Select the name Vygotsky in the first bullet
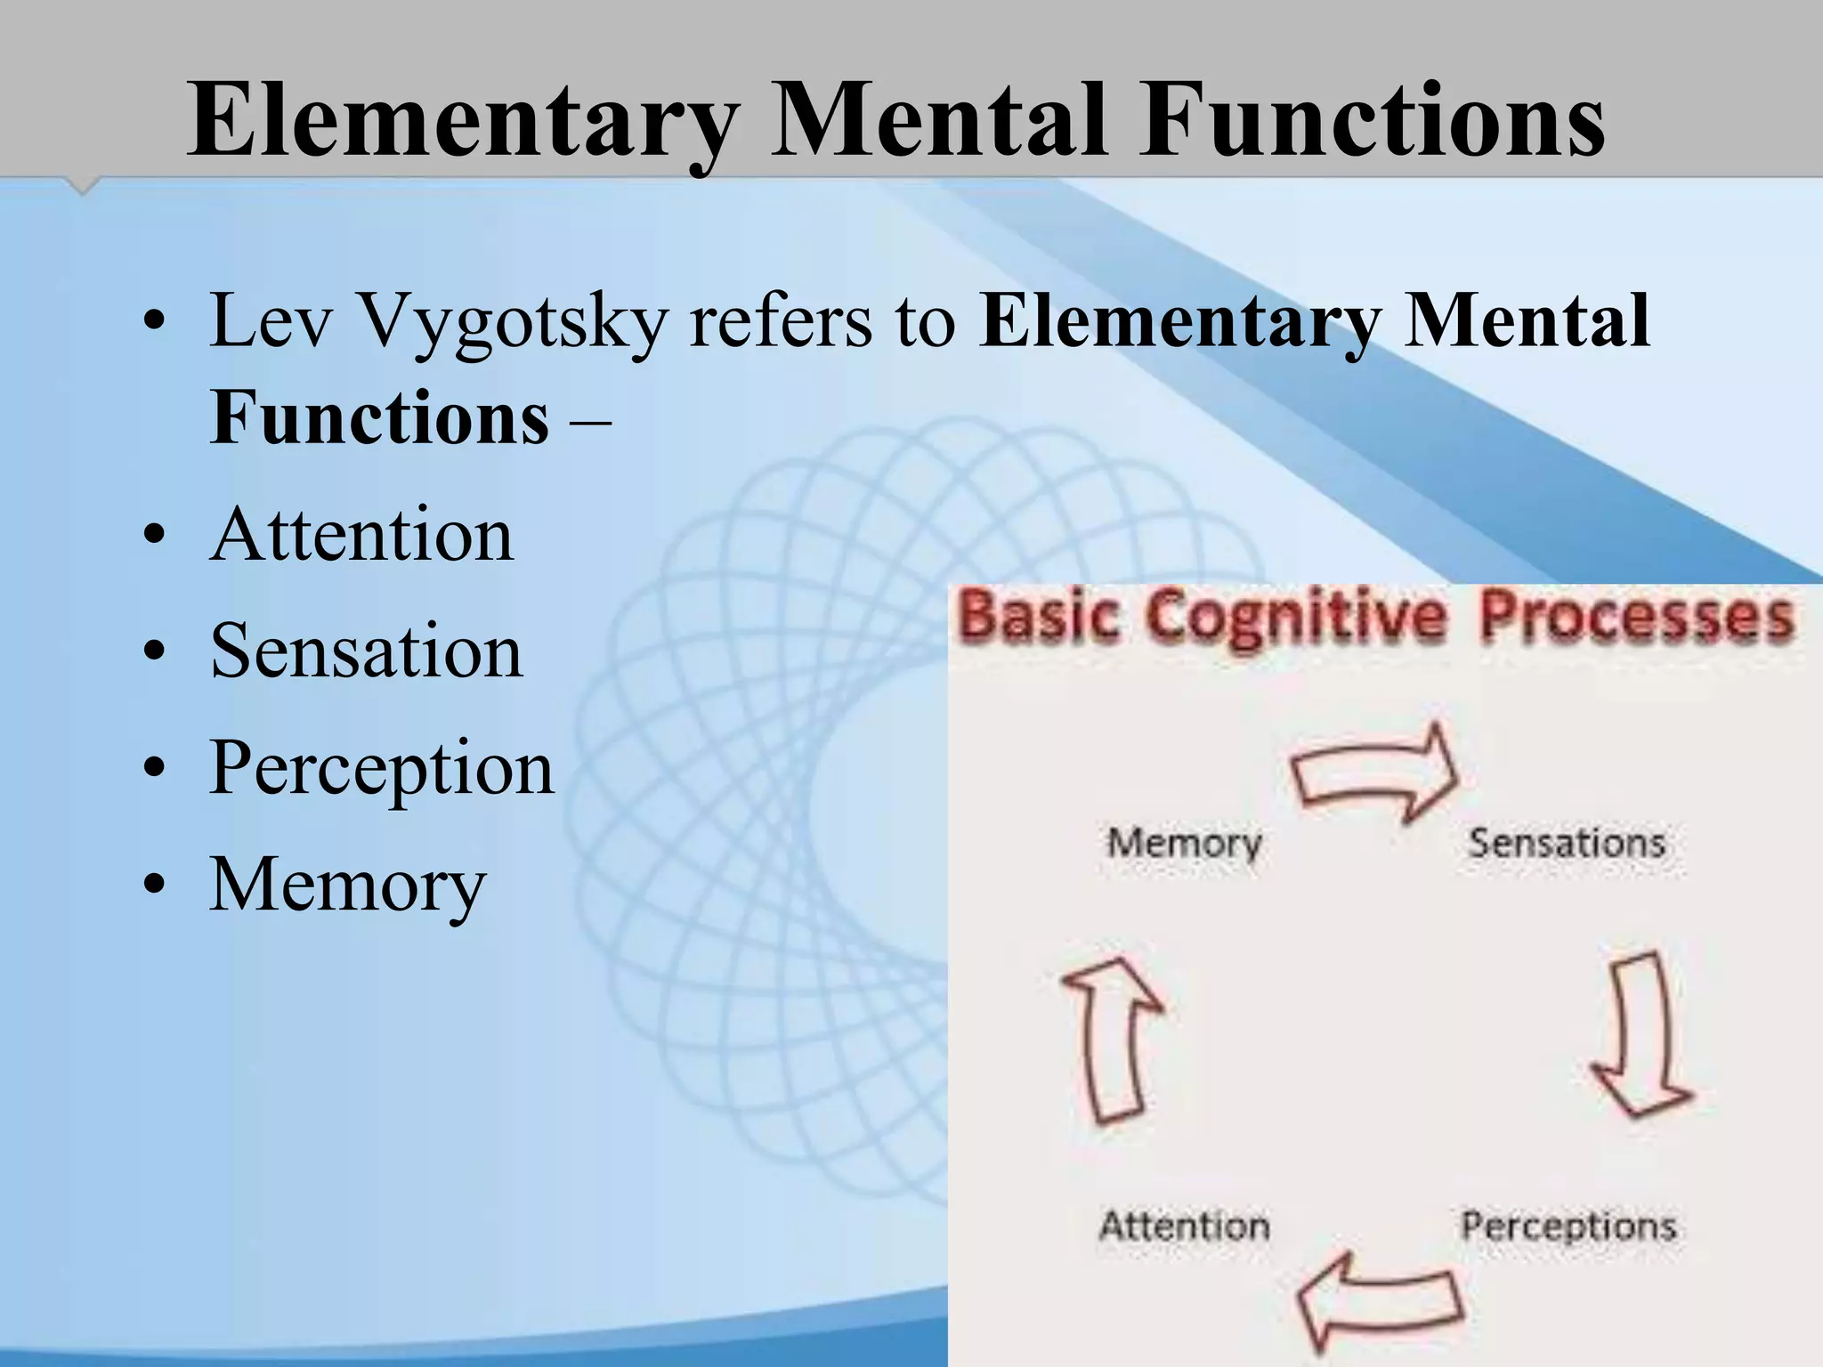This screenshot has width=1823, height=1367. point(513,322)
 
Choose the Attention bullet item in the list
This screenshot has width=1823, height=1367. point(361,535)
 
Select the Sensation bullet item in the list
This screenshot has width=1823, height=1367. point(366,651)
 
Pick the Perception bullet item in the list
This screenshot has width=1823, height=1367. point(381,770)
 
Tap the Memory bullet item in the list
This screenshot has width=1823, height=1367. point(348,885)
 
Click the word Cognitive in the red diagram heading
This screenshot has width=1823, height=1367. point(1295,618)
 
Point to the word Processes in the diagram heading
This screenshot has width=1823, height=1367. point(1636,618)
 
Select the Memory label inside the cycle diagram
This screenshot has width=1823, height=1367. point(1184,843)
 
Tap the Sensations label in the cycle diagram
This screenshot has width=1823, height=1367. point(1567,843)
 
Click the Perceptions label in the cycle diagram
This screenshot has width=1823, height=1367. point(1568,1226)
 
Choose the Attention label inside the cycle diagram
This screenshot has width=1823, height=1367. point(1184,1226)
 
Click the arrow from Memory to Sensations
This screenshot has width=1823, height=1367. point(1375,771)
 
